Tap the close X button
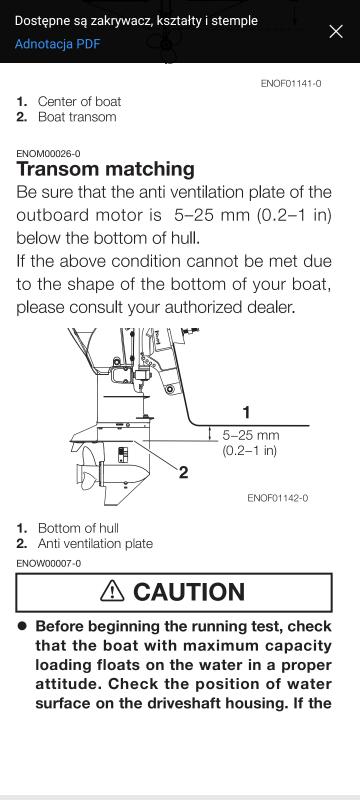336,32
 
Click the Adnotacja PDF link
57,43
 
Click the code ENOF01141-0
291,83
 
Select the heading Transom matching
106,169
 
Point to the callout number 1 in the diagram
246,412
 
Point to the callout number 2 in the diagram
184,472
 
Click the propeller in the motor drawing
87,469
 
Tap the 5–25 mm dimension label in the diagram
251,436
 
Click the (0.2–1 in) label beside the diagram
250,451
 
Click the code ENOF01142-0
277,497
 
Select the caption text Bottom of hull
78,528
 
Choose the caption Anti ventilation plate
95,543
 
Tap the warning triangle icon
112,591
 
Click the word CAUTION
189,592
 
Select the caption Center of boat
80,101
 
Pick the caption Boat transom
77,116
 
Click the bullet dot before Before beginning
22,626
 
